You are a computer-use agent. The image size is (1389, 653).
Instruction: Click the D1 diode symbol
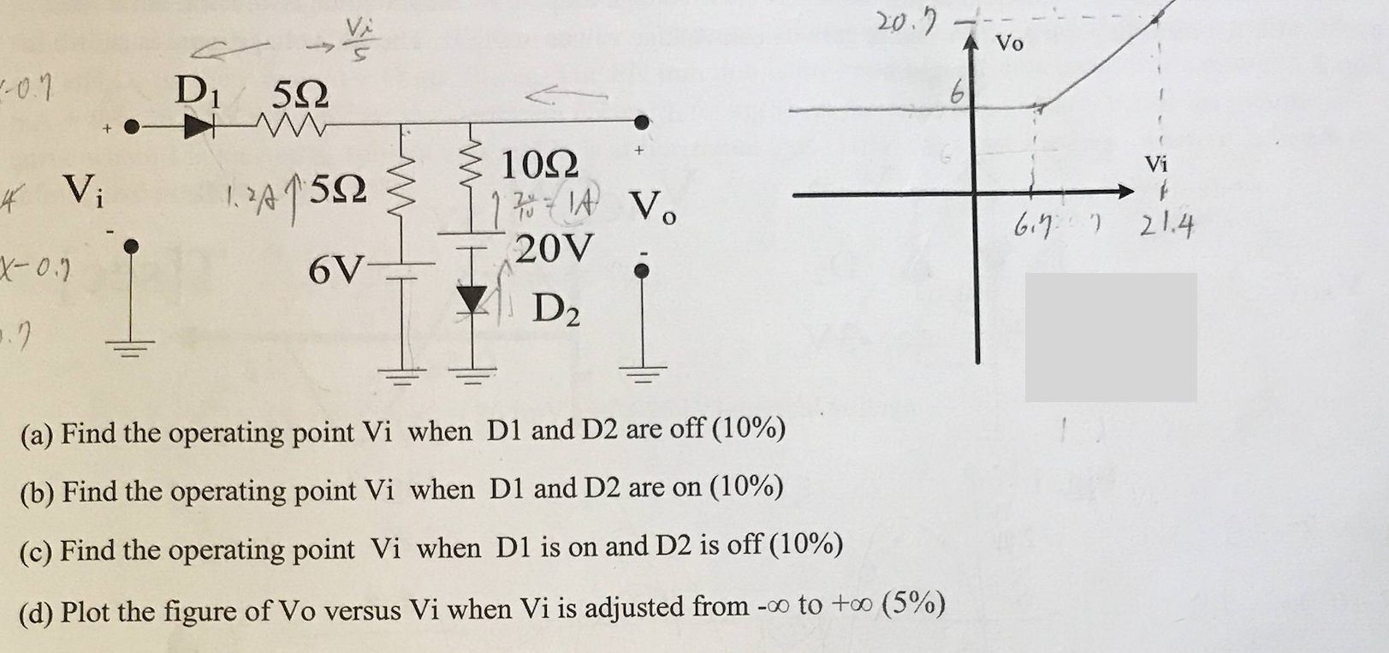click(199, 128)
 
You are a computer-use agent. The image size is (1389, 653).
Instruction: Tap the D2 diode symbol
click(470, 298)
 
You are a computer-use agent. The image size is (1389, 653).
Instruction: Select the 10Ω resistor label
click(539, 163)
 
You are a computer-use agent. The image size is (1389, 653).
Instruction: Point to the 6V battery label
click(337, 270)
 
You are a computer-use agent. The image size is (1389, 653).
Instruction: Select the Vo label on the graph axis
click(1010, 44)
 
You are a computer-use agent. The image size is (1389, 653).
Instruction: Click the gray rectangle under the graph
click(1110, 337)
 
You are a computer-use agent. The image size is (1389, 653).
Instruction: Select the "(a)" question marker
click(37, 433)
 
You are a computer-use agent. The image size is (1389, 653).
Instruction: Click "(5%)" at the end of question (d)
click(914, 604)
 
